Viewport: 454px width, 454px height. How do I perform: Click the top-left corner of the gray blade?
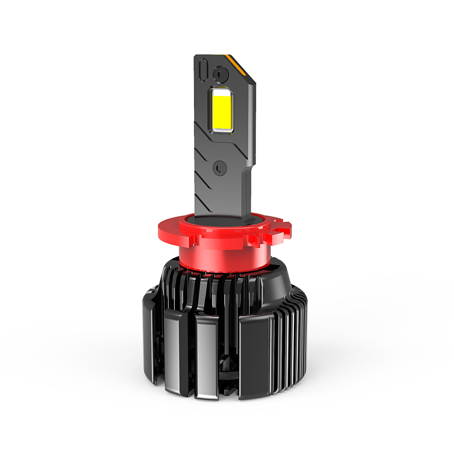[196, 57]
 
